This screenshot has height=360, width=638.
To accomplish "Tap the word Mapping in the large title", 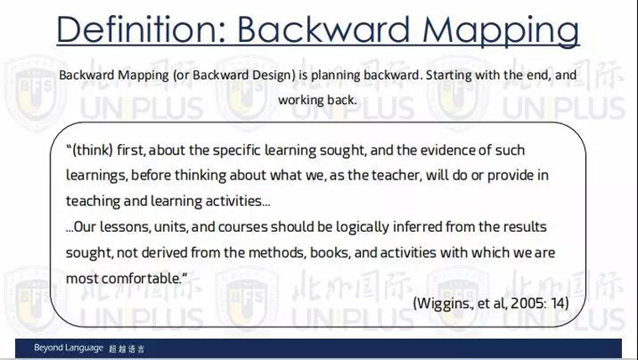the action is (x=501, y=30).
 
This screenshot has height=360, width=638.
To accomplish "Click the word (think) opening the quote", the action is (x=90, y=150).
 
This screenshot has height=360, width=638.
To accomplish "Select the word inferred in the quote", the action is (x=417, y=227).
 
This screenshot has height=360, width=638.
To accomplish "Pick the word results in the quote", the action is (x=525, y=227).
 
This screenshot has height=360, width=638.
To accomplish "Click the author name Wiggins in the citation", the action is (x=443, y=304).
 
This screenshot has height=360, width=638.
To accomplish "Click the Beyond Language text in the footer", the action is (x=68, y=348).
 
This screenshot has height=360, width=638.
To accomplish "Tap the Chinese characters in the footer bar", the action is (x=127, y=349).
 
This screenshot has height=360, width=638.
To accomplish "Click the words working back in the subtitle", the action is (x=317, y=101).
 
